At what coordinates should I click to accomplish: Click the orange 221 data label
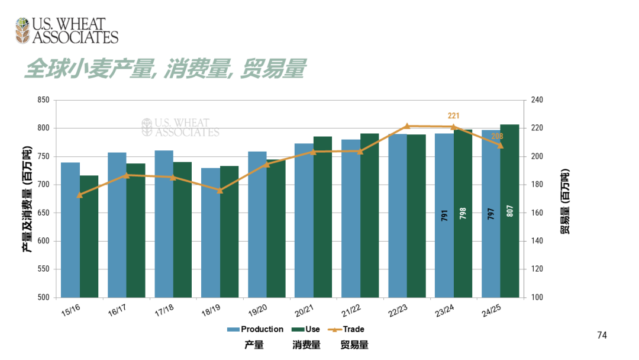tap(453, 116)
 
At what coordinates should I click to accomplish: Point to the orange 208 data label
tap(497, 137)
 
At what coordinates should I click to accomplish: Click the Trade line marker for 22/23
tap(407, 126)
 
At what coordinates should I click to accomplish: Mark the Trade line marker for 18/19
tap(220, 191)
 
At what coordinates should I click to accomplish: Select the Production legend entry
tap(255, 329)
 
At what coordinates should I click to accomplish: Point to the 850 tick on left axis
tap(43, 100)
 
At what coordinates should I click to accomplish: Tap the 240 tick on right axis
tap(536, 100)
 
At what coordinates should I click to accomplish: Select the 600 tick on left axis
tap(43, 241)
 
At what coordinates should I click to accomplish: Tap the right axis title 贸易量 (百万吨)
tap(566, 201)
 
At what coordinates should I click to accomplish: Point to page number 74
tap(602, 336)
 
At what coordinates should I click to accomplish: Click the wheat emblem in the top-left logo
tap(22, 30)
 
